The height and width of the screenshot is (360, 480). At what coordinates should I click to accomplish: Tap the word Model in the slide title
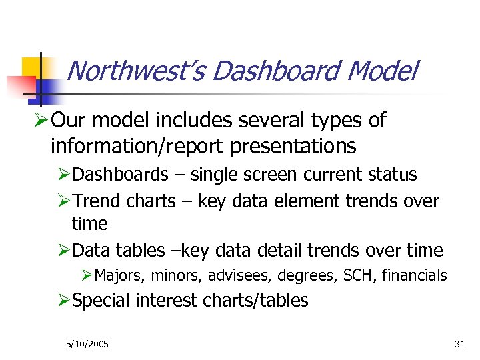(384, 71)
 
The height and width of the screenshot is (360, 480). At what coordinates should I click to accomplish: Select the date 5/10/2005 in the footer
(87, 344)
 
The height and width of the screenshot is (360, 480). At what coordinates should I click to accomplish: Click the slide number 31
(459, 344)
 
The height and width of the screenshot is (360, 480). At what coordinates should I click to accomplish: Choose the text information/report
(124, 145)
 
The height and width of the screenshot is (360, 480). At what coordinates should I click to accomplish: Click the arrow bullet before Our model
(41, 121)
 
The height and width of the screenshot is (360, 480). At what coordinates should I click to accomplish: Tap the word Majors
(121, 275)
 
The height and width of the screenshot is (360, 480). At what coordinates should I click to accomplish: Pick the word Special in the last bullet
(101, 301)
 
